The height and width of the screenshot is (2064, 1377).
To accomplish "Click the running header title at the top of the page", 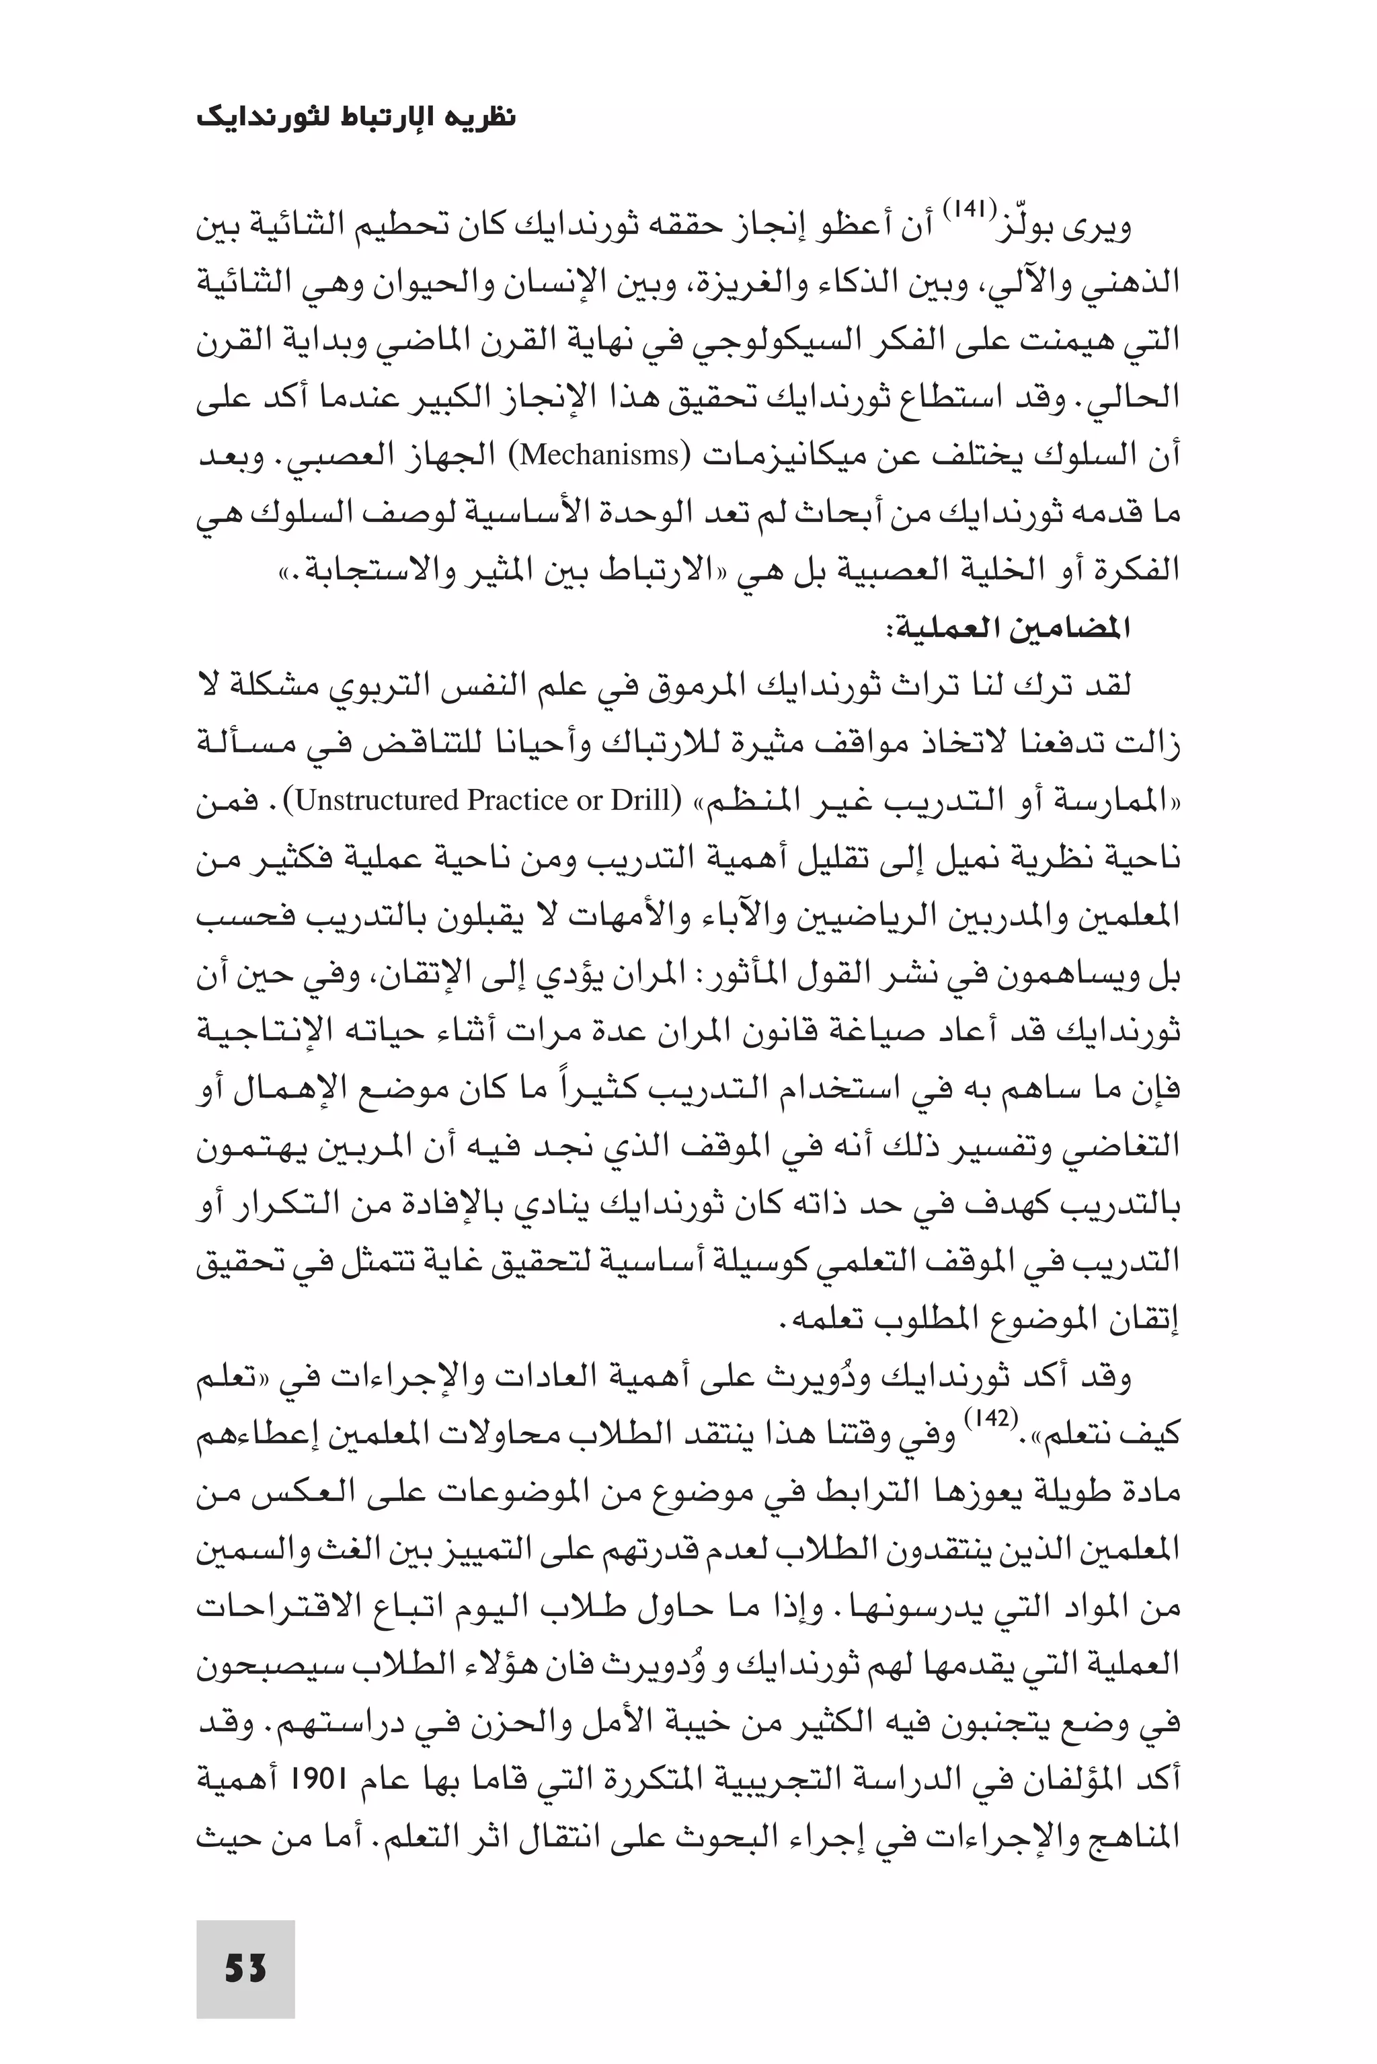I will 356,117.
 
